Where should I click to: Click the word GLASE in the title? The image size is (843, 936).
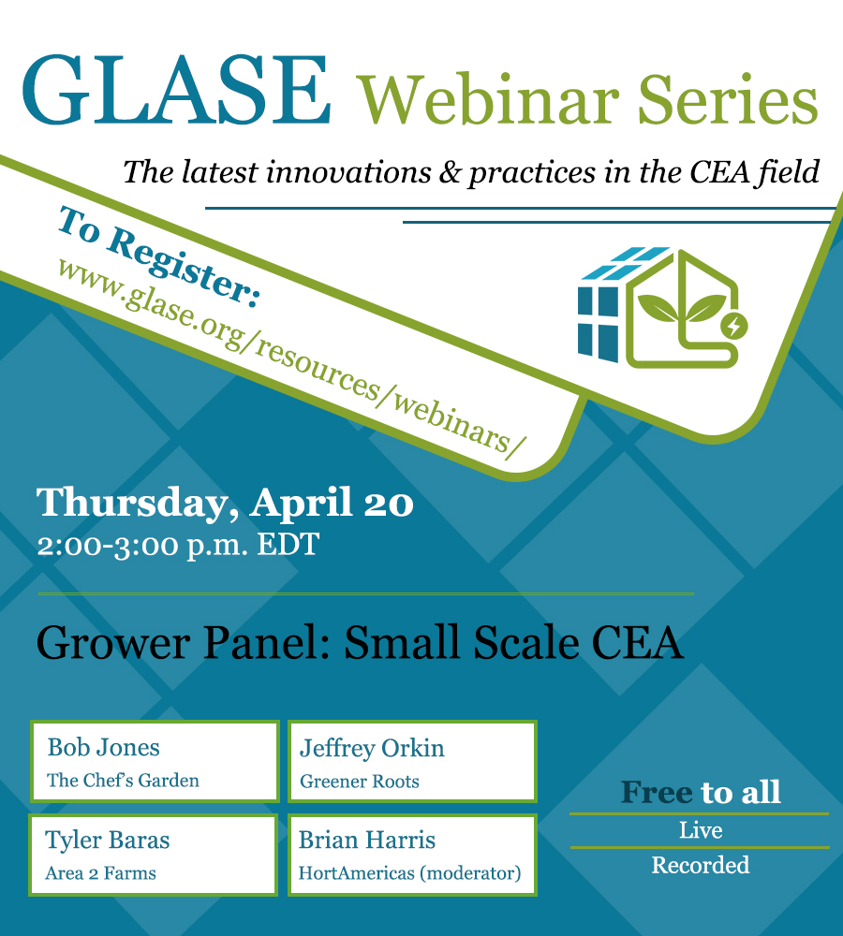coord(176,90)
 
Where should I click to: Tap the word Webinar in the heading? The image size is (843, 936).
coord(487,100)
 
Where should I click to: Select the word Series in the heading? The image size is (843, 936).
coord(728,99)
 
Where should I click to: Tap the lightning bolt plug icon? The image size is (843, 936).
coord(733,326)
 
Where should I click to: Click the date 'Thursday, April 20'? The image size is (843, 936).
coord(225,502)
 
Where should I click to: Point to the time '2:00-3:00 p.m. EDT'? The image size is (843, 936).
coord(178,545)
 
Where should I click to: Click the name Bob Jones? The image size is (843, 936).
coord(103,747)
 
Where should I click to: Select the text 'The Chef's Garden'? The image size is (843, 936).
coord(123,781)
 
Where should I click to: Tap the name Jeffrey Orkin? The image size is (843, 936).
coord(372,749)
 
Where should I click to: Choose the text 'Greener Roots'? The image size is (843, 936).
coord(359,781)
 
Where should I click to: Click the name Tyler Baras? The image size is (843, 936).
coord(108,841)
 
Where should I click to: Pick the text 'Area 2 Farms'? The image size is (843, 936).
coord(100,873)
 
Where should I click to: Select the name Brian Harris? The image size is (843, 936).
coord(367,840)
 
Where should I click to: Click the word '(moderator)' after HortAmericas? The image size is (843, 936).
coord(470,873)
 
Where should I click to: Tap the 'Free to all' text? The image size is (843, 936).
coord(701,792)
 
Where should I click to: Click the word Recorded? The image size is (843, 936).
coord(701,865)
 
